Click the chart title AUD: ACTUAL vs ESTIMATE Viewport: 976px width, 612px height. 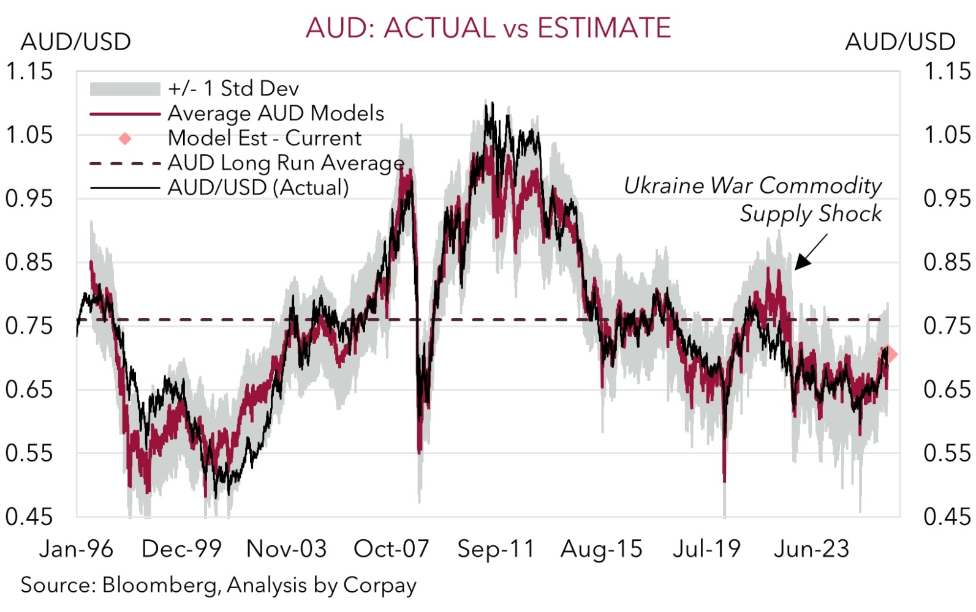click(488, 28)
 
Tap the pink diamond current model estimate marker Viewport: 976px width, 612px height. click(891, 354)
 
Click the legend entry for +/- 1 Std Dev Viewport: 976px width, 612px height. click(233, 89)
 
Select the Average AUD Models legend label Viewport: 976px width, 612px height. click(276, 113)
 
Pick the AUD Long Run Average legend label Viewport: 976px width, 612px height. click(286, 163)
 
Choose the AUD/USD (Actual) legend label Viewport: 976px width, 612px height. click(258, 187)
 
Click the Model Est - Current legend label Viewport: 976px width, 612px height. click(265, 138)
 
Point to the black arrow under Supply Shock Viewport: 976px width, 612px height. click(810, 252)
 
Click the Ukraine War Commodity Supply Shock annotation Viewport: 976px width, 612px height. click(754, 199)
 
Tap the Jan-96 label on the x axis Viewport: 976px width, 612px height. click(76, 549)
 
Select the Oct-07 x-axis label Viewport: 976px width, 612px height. click(392, 549)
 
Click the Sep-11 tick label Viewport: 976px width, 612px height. click(496, 549)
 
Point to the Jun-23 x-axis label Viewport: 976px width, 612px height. click(812, 549)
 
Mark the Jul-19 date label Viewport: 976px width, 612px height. click(706, 549)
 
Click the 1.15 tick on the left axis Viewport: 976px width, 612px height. click(29, 72)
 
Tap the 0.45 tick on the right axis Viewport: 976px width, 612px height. click(947, 517)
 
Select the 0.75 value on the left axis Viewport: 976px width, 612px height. click(29, 326)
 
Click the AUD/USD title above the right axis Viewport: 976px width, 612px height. click(900, 42)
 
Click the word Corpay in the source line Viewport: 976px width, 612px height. click(380, 586)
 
